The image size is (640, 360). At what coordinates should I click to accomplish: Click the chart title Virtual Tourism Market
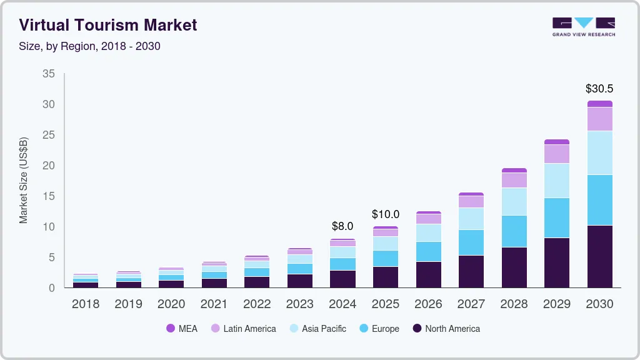(108, 25)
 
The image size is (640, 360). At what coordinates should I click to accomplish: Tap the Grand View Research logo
(583, 26)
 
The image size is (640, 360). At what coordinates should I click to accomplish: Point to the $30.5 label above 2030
(599, 89)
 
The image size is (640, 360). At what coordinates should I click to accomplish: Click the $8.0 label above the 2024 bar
(342, 226)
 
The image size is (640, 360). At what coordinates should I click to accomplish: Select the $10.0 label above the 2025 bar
(385, 214)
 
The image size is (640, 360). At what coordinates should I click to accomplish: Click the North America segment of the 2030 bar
(599, 256)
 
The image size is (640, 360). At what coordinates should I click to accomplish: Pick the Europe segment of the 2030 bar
(599, 200)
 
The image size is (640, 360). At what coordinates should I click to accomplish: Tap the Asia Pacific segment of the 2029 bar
(556, 181)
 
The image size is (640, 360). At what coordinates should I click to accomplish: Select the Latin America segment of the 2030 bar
(599, 119)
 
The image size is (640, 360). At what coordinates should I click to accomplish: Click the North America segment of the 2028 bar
(514, 267)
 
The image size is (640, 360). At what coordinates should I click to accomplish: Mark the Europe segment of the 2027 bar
(471, 242)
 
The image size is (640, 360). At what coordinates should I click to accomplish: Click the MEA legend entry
(182, 329)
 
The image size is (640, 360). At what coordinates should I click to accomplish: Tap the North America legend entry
(446, 329)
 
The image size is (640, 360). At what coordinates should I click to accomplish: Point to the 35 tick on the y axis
(49, 74)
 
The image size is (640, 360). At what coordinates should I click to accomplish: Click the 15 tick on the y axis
(49, 196)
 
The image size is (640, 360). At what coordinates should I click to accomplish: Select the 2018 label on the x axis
(85, 304)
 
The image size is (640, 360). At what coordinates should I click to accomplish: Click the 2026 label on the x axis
(428, 304)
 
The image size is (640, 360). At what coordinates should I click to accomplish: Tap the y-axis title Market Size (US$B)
(24, 179)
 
